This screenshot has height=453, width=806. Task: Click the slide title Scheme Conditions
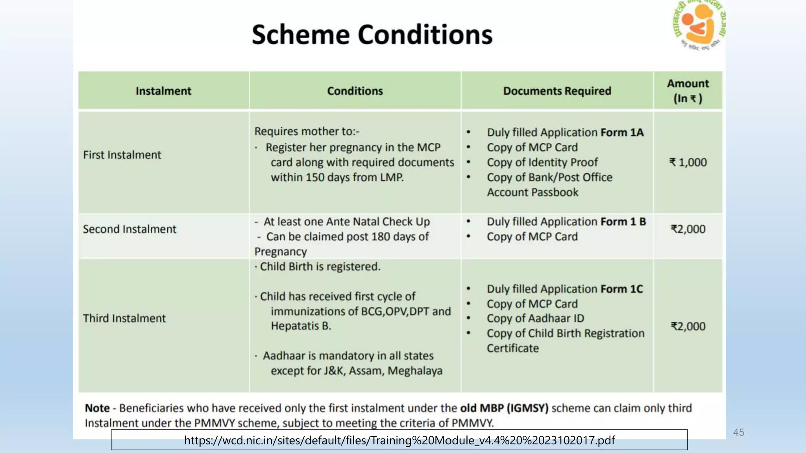[372, 35]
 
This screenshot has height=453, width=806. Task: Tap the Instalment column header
[163, 91]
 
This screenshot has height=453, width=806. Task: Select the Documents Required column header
[557, 91]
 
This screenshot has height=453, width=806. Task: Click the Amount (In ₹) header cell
[688, 91]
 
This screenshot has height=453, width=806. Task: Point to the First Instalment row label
[122, 155]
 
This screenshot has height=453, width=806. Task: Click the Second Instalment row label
[129, 229]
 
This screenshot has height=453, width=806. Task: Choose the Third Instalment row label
[124, 318]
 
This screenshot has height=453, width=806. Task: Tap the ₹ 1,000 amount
[688, 162]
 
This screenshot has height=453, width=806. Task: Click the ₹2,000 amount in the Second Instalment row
[688, 229]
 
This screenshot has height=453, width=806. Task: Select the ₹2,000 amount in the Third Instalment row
[688, 326]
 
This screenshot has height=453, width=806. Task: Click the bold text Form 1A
[622, 133]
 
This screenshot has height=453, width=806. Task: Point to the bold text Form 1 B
[623, 222]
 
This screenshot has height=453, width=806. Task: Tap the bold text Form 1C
[621, 289]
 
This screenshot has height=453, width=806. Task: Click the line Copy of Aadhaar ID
[535, 318]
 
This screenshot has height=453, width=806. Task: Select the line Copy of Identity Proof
[542, 162]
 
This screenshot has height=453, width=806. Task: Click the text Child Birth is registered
[320, 267]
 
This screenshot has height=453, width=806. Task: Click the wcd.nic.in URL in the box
[399, 440]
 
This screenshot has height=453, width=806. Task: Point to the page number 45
[738, 432]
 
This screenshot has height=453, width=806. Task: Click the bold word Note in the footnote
[97, 408]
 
